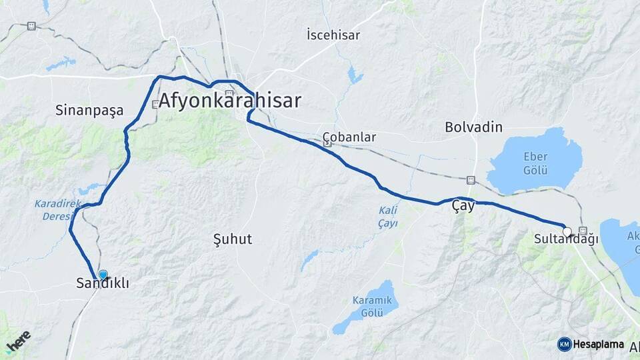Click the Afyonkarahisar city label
229,101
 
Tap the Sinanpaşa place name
89,111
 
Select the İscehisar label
333,34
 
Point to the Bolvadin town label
473,127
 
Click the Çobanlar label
349,137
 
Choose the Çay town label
463,206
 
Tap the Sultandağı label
566,239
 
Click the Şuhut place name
232,239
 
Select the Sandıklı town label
103,284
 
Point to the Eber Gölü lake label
535,162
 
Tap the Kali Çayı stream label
388,217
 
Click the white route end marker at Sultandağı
567,232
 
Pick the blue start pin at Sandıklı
103,275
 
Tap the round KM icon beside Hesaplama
564,345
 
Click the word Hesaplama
599,345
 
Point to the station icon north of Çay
471,180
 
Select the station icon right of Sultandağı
584,231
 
